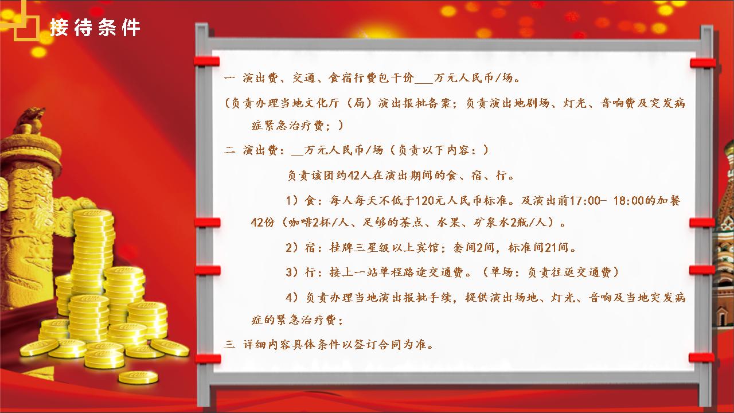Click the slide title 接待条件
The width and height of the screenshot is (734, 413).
[x=95, y=28]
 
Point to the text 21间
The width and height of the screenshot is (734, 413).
[x=557, y=247]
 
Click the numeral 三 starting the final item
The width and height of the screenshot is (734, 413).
[x=229, y=344]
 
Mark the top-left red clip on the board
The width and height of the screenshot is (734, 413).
[x=207, y=61]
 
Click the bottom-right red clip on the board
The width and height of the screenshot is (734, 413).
[x=701, y=357]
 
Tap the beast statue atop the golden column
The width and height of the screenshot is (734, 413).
[x=30, y=120]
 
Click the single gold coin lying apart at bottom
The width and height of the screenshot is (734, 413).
[x=138, y=377]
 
